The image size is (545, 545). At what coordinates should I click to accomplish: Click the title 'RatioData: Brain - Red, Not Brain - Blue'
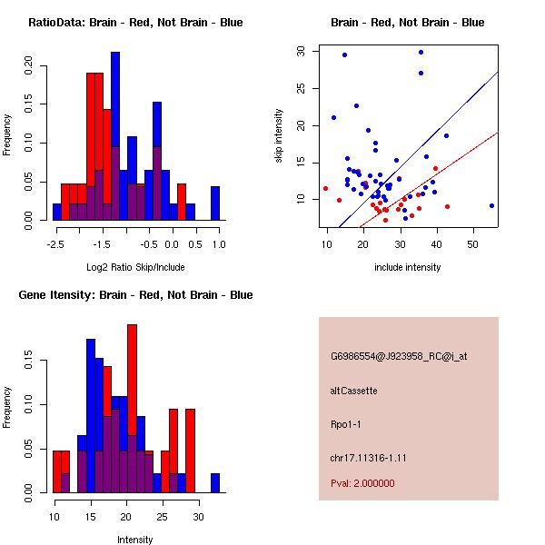[135, 23]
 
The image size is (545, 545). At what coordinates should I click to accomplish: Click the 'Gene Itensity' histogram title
[135, 295]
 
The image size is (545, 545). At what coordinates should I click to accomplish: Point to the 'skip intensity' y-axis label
[279, 136]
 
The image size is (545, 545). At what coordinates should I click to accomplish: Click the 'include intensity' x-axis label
[408, 267]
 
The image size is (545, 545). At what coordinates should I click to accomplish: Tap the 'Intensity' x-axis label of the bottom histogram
[135, 540]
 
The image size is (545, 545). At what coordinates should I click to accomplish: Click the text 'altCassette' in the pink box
[354, 391]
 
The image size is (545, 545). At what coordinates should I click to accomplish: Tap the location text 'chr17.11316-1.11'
[368, 458]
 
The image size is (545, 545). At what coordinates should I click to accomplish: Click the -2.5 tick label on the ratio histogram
[57, 245]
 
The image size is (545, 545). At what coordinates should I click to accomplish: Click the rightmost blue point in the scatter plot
[491, 205]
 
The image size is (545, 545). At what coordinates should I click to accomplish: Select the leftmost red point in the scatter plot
[325, 188]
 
